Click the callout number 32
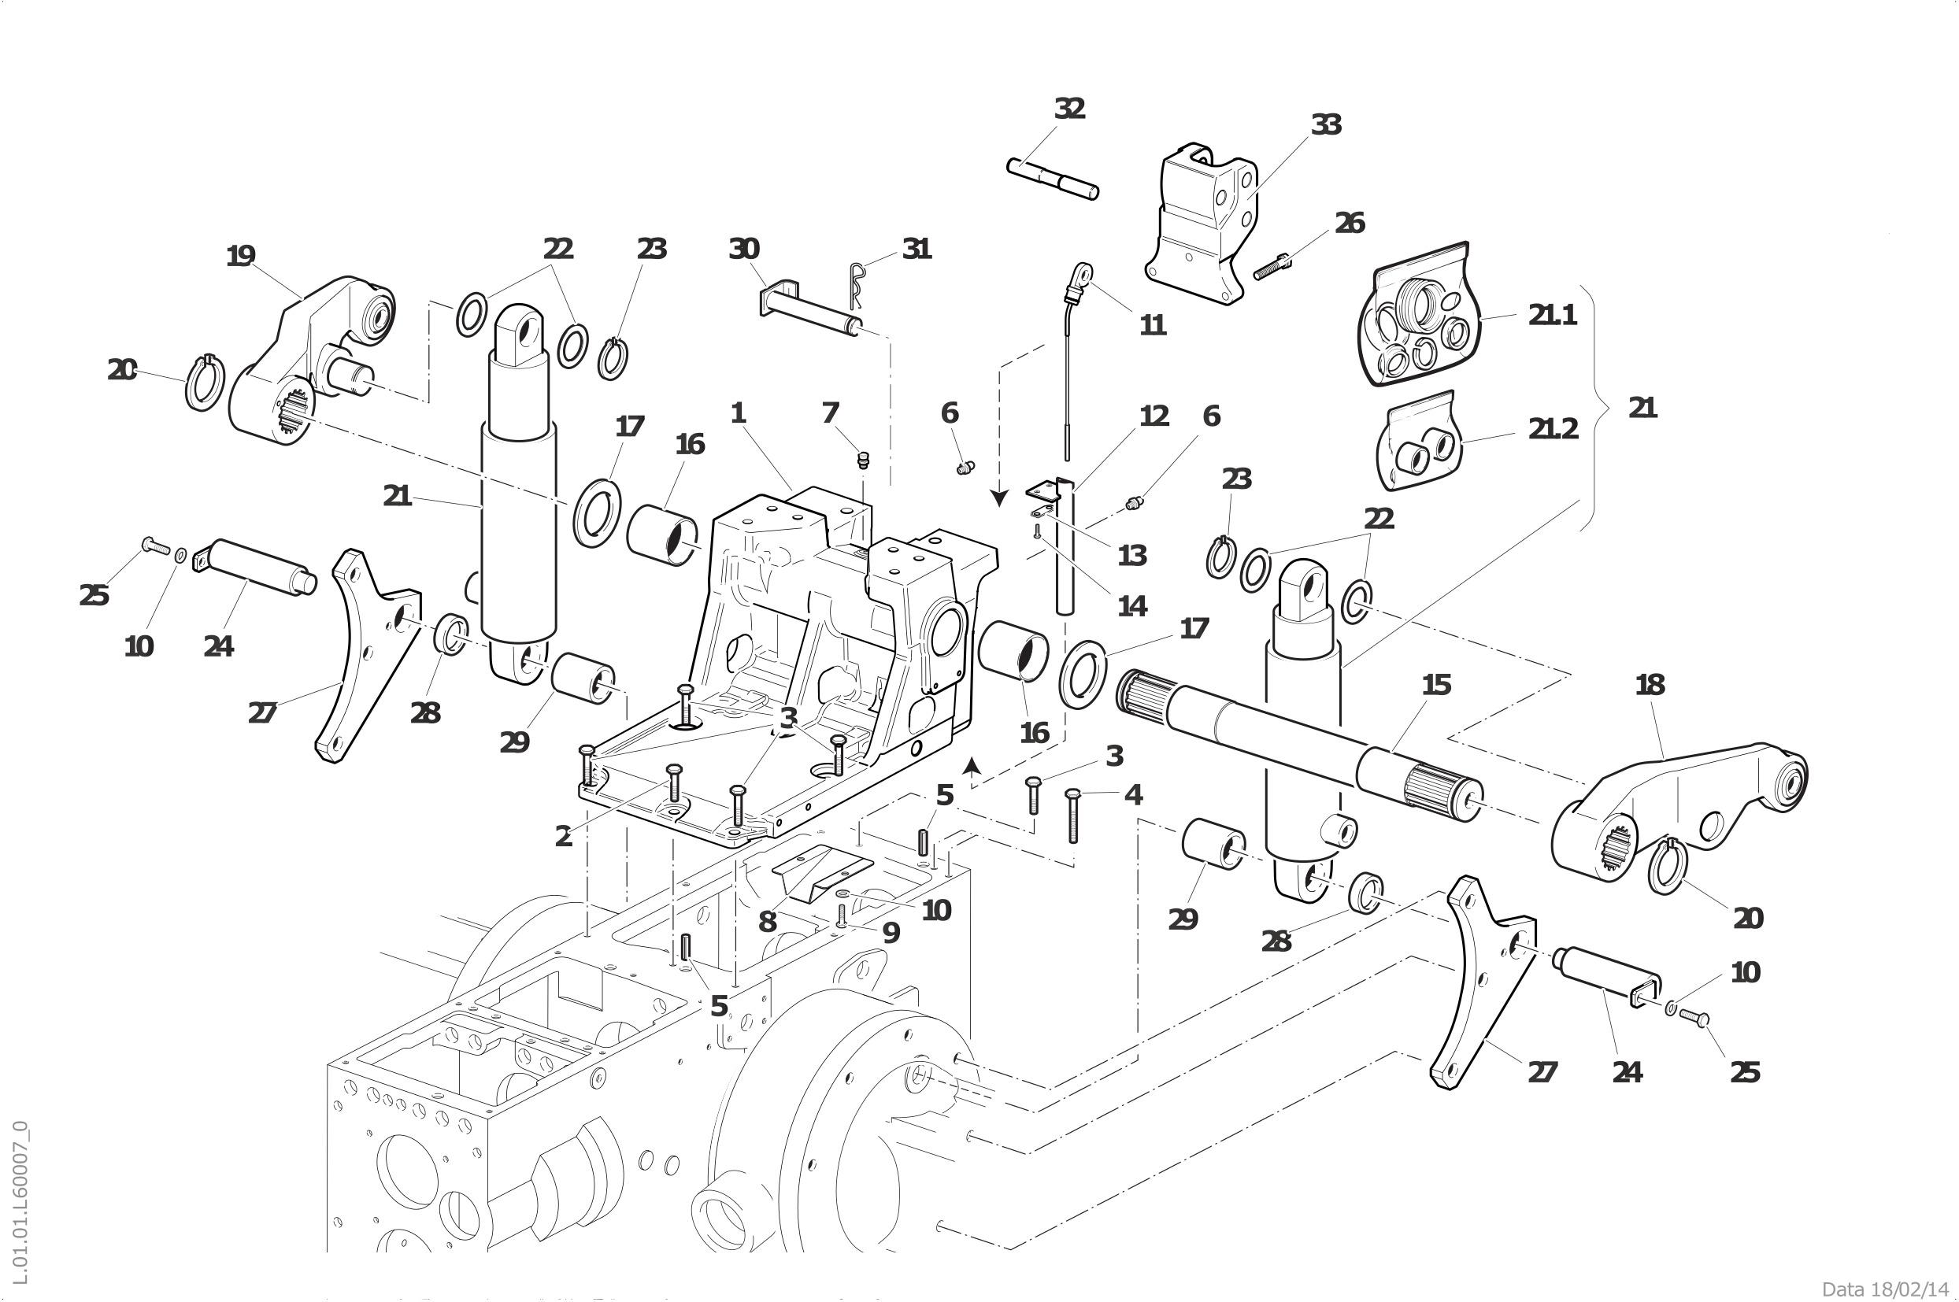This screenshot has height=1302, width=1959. (x=1069, y=109)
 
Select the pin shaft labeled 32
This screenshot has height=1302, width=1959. (x=1053, y=178)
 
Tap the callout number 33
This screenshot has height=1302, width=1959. (x=1326, y=125)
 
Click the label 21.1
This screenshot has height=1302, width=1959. (x=1552, y=316)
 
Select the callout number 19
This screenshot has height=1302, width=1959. (x=241, y=257)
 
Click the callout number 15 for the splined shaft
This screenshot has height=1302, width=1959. (x=1436, y=685)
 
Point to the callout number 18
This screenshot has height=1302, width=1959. (x=1650, y=685)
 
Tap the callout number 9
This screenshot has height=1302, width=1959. (x=891, y=934)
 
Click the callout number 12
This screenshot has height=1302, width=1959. (x=1154, y=416)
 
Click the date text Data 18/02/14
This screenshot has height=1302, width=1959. (x=1884, y=1288)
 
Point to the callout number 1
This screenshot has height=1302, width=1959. (x=739, y=413)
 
